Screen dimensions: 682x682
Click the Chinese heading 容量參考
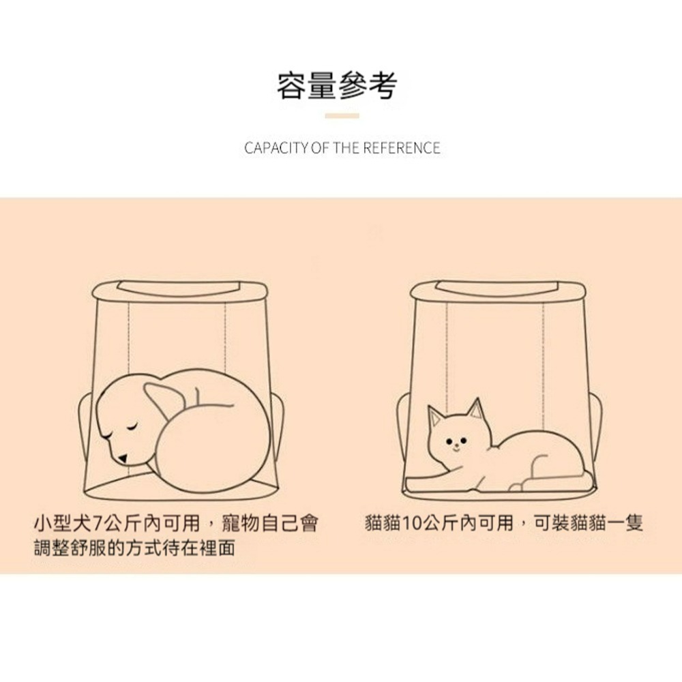pyautogui.click(x=337, y=86)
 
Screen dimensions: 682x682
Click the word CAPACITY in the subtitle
pyautogui.click(x=276, y=148)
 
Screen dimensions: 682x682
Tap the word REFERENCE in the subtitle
pyautogui.click(x=402, y=148)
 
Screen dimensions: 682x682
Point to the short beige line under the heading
pyautogui.click(x=342, y=116)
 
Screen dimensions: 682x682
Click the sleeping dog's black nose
pyautogui.click(x=123, y=458)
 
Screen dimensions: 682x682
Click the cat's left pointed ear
pyautogui.click(x=435, y=417)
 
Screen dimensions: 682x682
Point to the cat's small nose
pyautogui.click(x=456, y=445)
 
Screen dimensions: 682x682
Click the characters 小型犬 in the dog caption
pyautogui.click(x=63, y=523)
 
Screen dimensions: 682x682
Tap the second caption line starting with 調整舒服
pyautogui.click(x=135, y=548)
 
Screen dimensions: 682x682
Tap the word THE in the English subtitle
pyautogui.click(x=346, y=148)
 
